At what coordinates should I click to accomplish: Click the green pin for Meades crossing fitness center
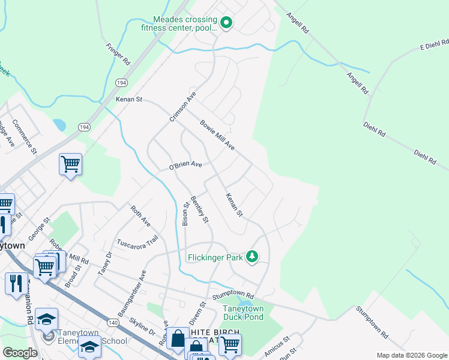pyautogui.click(x=226, y=23)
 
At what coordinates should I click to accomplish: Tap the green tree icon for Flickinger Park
pyautogui.click(x=253, y=257)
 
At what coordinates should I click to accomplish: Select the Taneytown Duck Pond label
pyautogui.click(x=243, y=313)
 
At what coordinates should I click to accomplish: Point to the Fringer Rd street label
pyautogui.click(x=118, y=54)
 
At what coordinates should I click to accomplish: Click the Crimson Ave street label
pyautogui.click(x=183, y=107)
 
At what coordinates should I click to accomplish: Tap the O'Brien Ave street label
pyautogui.click(x=185, y=165)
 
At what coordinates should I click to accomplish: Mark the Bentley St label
pyautogui.click(x=199, y=209)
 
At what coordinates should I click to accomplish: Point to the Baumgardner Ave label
pyautogui.click(x=132, y=294)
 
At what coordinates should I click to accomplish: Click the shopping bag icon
pyautogui.click(x=178, y=338)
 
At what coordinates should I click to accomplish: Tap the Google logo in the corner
pyautogui.click(x=20, y=353)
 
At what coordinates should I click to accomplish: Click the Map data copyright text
pyautogui.click(x=411, y=355)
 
